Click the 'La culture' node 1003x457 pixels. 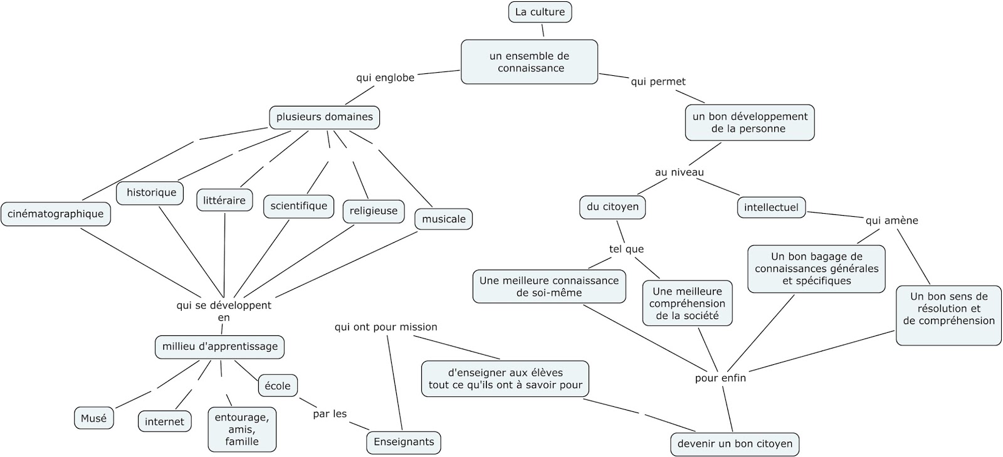[540, 12]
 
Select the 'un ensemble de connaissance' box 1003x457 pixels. [530, 62]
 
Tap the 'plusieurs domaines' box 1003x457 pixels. [324, 117]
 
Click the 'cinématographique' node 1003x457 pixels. [56, 214]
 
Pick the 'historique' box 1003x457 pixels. [150, 192]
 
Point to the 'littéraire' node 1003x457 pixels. [224, 201]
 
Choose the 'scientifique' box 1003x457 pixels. [298, 206]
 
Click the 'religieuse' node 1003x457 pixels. [373, 211]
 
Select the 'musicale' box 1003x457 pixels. [443, 219]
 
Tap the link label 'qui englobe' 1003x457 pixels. [385, 78]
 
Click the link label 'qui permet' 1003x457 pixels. [658, 81]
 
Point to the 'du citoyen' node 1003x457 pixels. [612, 207]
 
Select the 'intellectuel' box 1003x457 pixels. [771, 207]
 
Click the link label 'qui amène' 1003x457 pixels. [891, 221]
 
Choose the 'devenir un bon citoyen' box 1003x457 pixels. [735, 444]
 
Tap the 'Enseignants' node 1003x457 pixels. [404, 442]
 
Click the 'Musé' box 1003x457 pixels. [94, 418]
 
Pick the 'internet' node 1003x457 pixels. [164, 422]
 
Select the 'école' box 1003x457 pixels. [277, 386]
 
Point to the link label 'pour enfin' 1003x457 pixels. [720, 378]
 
